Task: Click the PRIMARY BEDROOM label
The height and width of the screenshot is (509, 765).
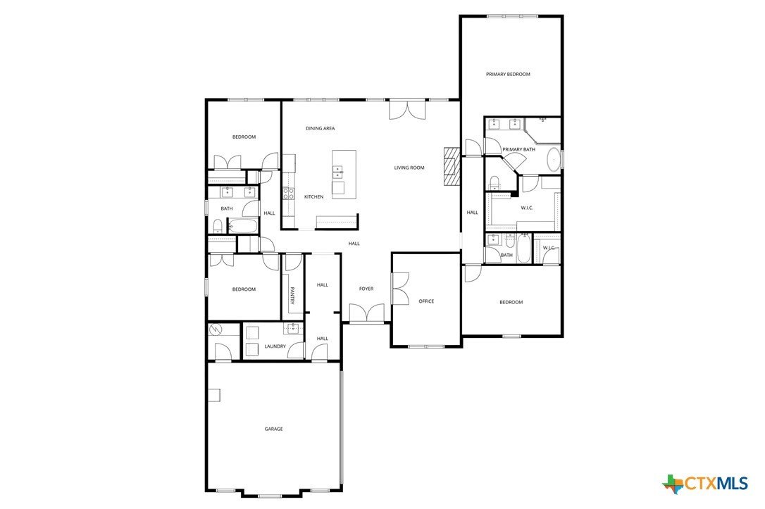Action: click(508, 74)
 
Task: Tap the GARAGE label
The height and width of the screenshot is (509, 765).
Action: click(273, 429)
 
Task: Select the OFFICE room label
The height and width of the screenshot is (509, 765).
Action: click(426, 301)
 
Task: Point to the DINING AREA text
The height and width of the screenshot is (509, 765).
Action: click(320, 129)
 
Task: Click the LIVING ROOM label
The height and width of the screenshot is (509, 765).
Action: click(409, 168)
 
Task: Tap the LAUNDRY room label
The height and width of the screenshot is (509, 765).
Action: click(275, 346)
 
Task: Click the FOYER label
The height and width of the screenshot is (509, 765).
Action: click(366, 289)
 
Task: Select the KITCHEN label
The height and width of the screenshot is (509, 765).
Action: click(313, 197)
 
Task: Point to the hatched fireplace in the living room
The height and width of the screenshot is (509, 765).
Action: click(451, 166)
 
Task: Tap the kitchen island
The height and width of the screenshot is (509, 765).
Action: click(344, 174)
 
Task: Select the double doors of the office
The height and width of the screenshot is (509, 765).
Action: click(399, 287)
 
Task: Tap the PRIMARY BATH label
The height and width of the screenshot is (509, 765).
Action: click(519, 149)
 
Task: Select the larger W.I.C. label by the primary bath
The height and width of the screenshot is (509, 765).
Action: click(527, 208)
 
